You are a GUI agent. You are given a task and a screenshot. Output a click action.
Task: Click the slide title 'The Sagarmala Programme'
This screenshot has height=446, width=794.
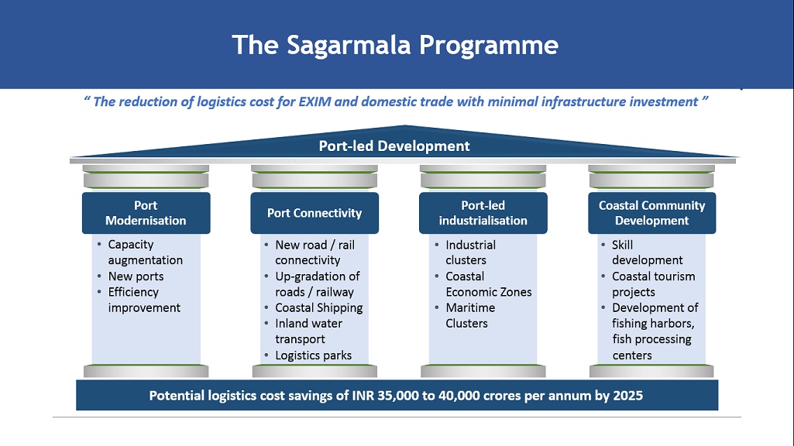pos(395,44)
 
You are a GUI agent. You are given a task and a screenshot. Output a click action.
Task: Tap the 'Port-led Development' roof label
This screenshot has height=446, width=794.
pos(394,146)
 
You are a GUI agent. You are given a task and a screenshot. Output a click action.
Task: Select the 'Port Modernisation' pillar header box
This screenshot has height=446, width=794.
pos(146,213)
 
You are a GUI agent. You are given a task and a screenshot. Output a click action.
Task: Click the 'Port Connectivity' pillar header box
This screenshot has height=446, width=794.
pos(315,213)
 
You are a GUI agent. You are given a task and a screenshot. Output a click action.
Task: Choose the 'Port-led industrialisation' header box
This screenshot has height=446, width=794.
pos(483,213)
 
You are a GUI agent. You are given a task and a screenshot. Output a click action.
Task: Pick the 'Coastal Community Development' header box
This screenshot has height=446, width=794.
pos(651,213)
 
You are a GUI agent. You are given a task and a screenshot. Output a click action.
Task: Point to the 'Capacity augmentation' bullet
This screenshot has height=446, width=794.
pos(144,252)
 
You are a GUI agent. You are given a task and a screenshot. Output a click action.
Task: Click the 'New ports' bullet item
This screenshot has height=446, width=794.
pos(136,276)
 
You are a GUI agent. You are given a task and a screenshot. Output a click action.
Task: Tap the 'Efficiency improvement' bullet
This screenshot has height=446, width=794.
pos(143,300)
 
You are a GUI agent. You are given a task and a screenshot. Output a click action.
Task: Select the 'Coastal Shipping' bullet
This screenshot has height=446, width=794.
pos(318,307)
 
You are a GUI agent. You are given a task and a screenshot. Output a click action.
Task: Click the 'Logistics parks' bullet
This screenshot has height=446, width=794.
pos(313,355)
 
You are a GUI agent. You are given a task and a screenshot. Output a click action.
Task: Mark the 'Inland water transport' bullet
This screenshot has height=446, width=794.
pos(309,331)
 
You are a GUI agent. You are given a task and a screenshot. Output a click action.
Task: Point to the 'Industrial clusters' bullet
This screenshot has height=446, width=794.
pos(470,252)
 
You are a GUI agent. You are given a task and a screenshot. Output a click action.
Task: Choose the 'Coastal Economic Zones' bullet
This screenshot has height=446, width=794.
pos(488,284)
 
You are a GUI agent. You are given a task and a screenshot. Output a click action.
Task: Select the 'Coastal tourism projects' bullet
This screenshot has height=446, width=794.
pos(653,284)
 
